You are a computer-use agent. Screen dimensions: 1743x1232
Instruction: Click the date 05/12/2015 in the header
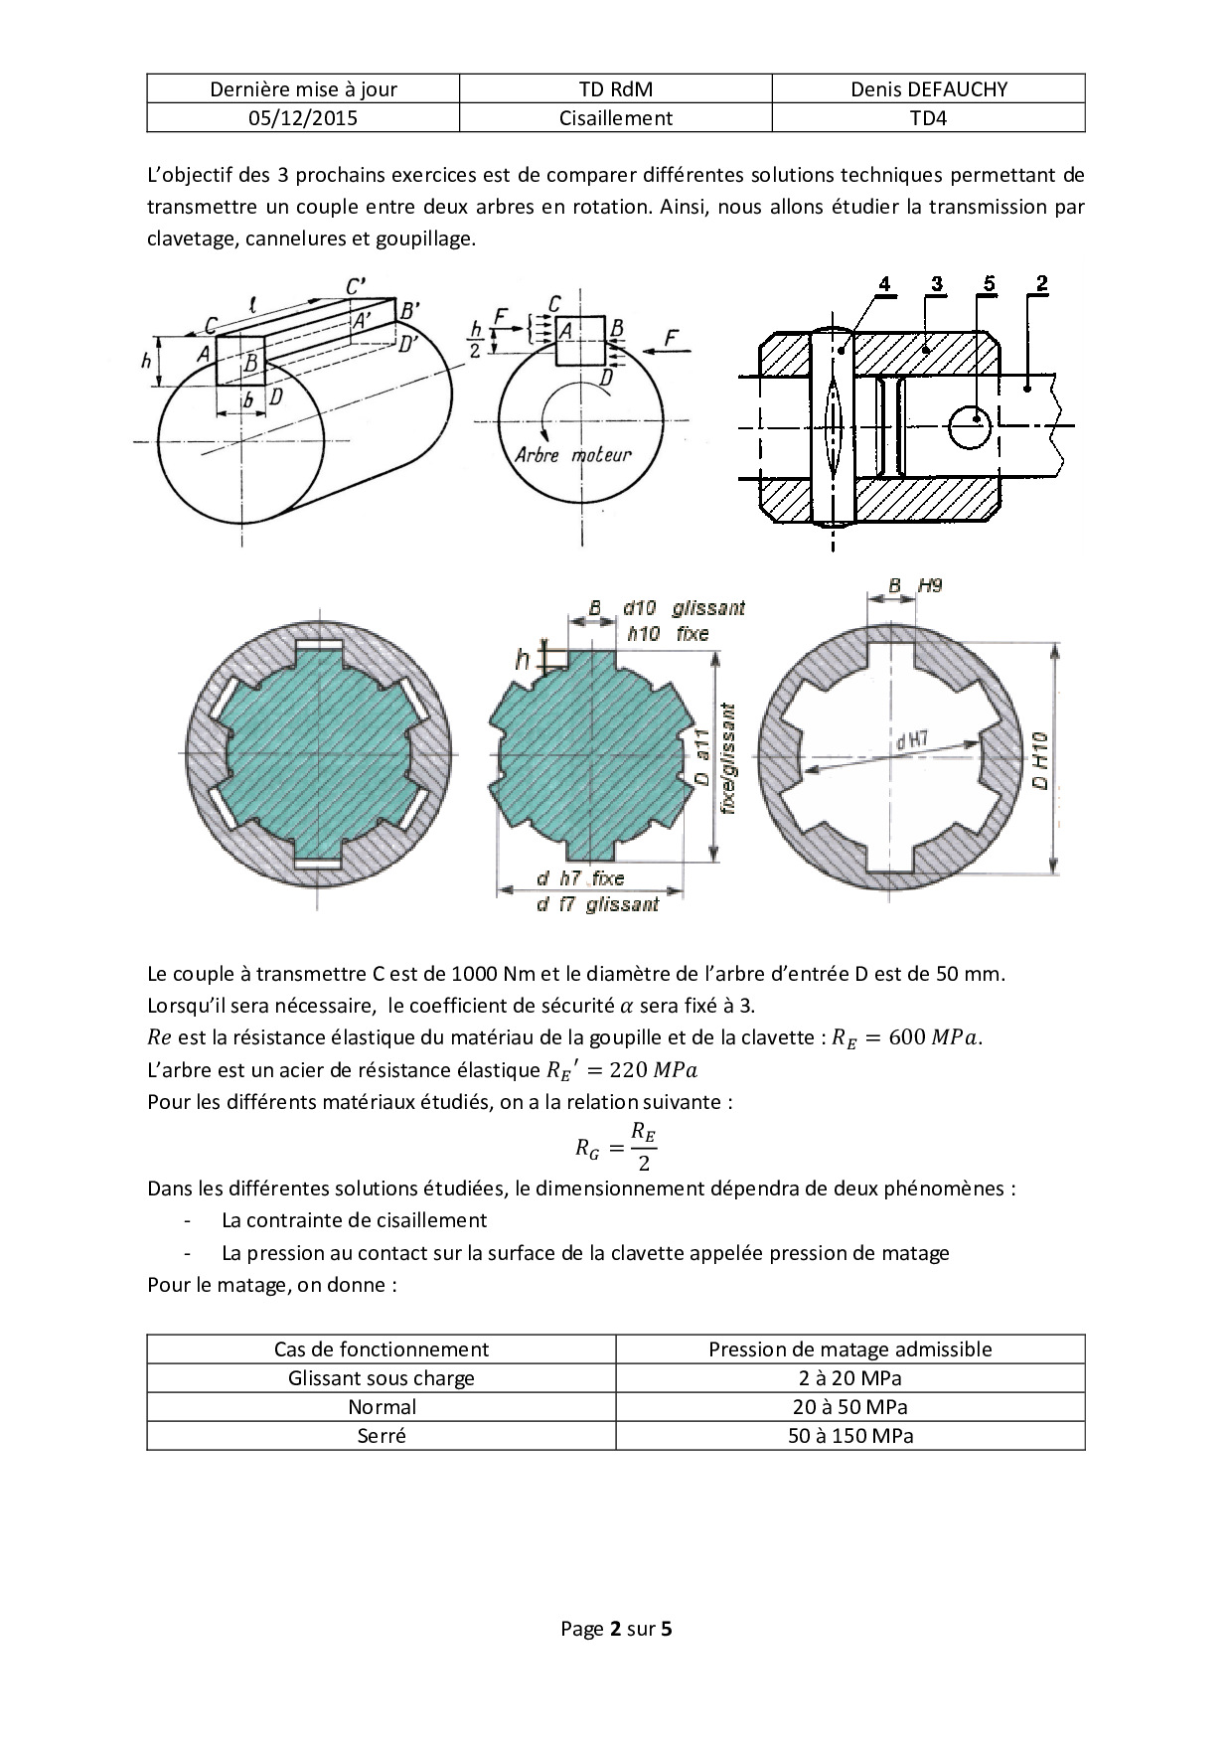[x=303, y=118]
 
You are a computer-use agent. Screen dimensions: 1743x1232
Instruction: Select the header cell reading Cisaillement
[x=616, y=118]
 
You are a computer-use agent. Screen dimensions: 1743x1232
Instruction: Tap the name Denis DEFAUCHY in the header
[x=928, y=89]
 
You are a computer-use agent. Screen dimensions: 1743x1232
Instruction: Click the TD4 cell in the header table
[x=928, y=118]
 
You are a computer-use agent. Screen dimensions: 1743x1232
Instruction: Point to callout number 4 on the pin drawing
[x=884, y=284]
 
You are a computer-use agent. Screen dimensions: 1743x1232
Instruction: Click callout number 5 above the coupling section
[x=988, y=284]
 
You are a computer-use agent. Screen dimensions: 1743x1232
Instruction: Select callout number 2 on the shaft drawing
[x=1040, y=284]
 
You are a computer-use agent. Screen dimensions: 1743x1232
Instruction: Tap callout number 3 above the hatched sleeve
[x=936, y=284]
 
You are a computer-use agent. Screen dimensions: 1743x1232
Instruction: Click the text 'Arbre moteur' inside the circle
[x=573, y=455]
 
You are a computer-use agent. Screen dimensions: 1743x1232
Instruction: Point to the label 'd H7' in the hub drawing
[x=911, y=740]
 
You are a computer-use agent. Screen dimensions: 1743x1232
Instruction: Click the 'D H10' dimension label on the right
[x=1039, y=760]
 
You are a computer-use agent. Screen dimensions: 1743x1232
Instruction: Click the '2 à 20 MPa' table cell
[x=849, y=1378]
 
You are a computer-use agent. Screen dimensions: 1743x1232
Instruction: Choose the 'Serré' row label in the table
[x=382, y=1436]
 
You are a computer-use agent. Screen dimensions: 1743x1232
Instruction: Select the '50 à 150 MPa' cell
[x=849, y=1436]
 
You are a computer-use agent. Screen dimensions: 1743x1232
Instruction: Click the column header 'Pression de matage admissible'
[x=849, y=1349]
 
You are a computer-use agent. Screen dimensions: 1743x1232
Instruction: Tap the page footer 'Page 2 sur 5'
[x=616, y=1629]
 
